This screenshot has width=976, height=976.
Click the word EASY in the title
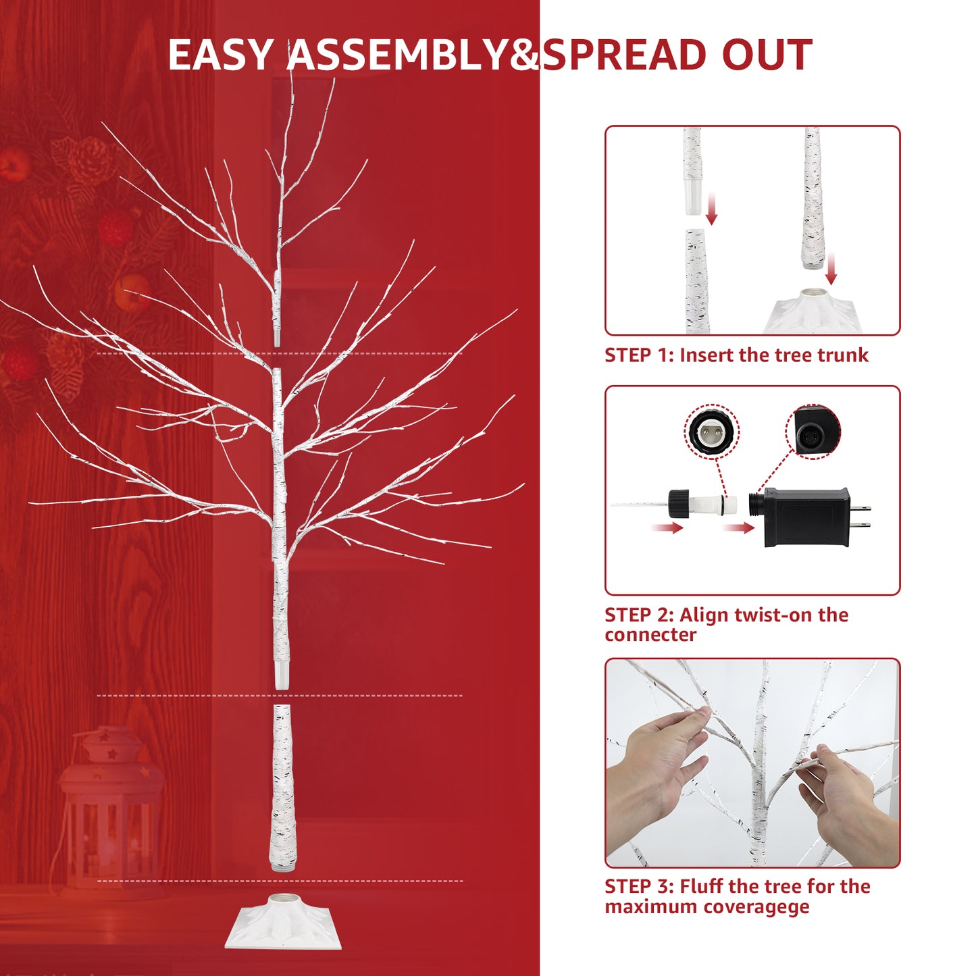click(220, 55)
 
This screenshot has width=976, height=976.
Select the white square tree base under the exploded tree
click(283, 921)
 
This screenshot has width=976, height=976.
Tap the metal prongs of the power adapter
click(861, 517)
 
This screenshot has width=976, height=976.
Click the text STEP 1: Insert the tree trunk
click(736, 355)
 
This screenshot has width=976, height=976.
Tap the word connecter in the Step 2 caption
click(650, 635)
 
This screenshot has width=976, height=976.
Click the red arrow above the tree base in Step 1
click(831, 269)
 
